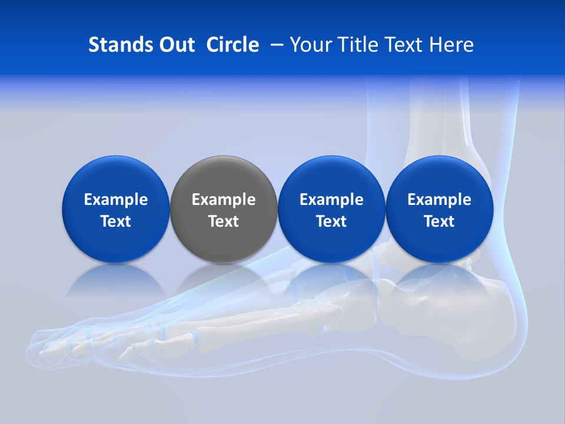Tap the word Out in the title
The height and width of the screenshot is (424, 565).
[x=175, y=45]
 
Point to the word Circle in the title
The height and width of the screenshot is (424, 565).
[x=232, y=45]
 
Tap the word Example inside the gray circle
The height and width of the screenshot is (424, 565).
[x=224, y=200]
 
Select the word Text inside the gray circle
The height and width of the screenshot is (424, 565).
[x=224, y=221]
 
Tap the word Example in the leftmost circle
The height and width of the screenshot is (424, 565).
[x=116, y=200]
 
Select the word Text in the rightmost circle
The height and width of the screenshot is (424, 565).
[x=440, y=221]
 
